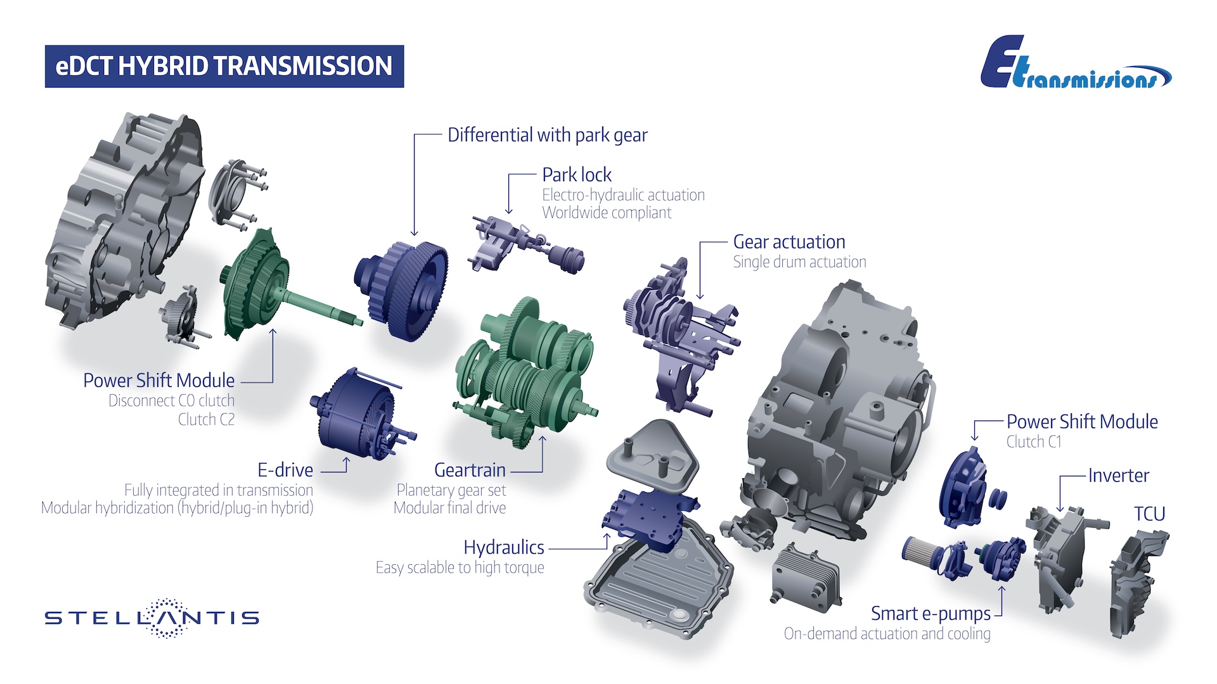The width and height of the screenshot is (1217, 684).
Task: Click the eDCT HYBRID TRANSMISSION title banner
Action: pyautogui.click(x=224, y=66)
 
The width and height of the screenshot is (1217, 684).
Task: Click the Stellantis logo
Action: pyautogui.click(x=152, y=617)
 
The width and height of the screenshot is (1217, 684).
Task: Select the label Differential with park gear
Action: pyautogui.click(x=548, y=135)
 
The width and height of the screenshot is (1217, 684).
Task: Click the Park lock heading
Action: pyautogui.click(x=577, y=174)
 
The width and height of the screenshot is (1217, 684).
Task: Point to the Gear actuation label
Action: pyautogui.click(x=789, y=242)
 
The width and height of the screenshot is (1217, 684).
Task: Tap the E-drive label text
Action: pyautogui.click(x=285, y=470)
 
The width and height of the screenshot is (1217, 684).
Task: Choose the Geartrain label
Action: pyautogui.click(x=470, y=470)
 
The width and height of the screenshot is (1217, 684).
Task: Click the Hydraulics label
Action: pyautogui.click(x=504, y=547)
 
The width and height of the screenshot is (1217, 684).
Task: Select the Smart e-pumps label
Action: pyautogui.click(x=930, y=614)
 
